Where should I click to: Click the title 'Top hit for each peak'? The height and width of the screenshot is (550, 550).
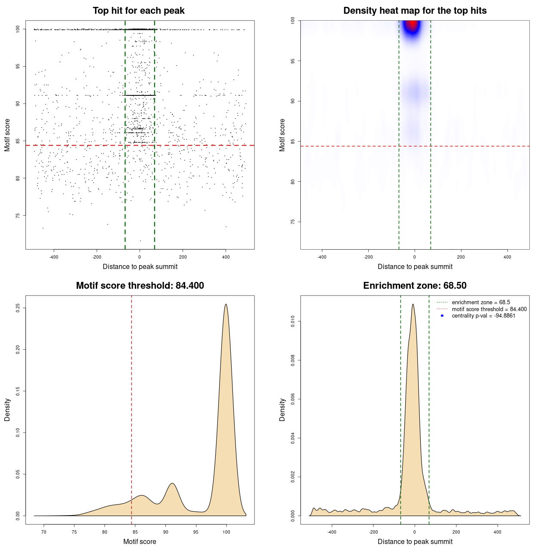[139, 11]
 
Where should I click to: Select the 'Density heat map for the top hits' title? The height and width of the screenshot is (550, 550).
[415, 11]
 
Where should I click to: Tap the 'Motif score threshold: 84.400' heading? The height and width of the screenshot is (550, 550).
[140, 286]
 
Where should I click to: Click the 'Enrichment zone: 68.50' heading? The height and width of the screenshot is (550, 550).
[415, 286]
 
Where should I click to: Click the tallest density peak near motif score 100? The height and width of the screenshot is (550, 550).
[226, 305]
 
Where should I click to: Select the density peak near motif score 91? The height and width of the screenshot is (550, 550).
[172, 483]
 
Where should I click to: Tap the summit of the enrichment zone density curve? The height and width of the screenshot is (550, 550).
[413, 304]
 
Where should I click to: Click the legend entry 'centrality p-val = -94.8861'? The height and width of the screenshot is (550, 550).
[483, 316]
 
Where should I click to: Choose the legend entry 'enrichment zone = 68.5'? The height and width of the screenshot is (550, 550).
[481, 302]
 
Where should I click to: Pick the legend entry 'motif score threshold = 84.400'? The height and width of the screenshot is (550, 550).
[489, 309]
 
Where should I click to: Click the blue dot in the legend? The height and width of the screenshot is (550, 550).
[442, 316]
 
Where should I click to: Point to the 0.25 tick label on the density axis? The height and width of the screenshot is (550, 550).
[18, 308]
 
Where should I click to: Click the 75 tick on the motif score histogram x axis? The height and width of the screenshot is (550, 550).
[74, 532]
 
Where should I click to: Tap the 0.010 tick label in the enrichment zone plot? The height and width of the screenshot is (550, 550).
[293, 321]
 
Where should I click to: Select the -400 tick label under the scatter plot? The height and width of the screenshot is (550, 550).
[54, 257]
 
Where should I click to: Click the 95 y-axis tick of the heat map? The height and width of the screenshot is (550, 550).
[293, 61]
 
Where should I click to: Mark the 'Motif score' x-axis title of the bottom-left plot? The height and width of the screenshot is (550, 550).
[140, 541]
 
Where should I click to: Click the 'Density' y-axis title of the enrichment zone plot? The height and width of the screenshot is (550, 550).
[282, 409]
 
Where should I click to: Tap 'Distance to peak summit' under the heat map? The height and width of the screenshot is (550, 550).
[415, 266]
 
